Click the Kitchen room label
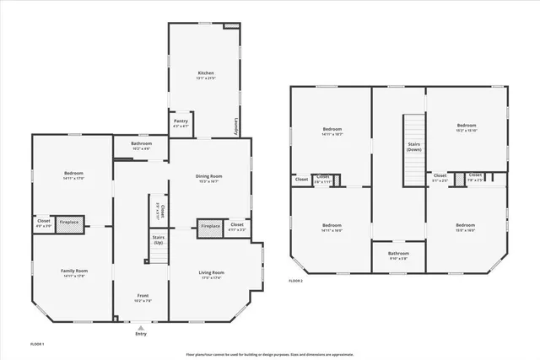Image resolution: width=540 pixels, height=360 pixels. point(206,74)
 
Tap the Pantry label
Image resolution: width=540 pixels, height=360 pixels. point(181,121)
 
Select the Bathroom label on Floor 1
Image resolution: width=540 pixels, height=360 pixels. point(141,143)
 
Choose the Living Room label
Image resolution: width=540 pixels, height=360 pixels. point(211,272)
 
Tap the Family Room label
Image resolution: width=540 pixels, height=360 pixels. point(74,271)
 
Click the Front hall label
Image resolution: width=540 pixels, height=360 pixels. point(141,295)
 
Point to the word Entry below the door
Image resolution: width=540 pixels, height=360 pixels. point(141,334)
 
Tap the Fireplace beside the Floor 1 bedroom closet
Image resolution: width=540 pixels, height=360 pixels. point(70,223)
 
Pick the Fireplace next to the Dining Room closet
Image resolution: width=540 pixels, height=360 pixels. point(210,225)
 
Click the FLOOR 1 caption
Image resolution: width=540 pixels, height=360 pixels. point(37,345)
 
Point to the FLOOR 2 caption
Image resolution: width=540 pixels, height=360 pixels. point(295,280)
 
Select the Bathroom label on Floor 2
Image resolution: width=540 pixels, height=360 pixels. point(398,254)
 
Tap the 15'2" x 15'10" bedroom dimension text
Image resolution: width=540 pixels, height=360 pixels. point(467,130)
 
